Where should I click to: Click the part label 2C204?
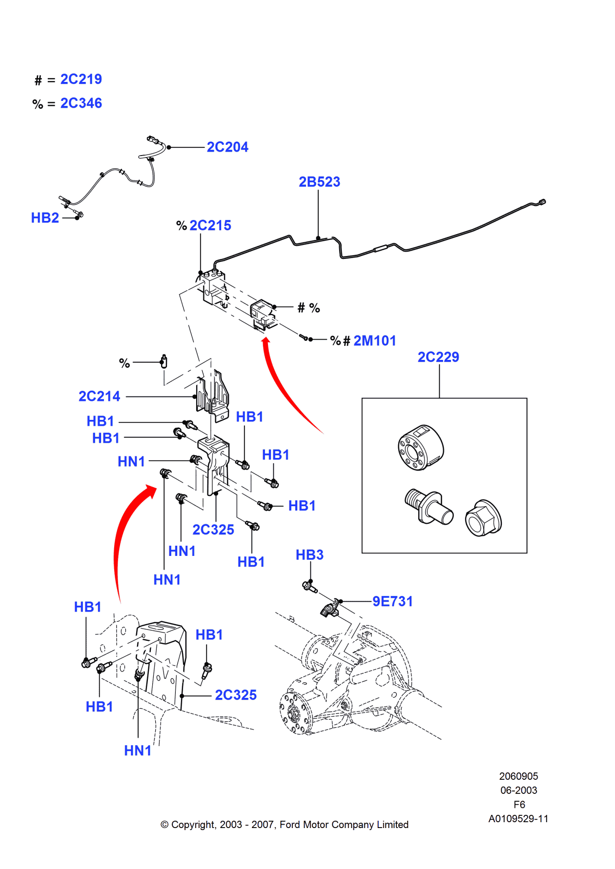(x=227, y=147)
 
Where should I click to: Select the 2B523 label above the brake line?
(x=319, y=182)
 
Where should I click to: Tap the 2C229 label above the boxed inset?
(x=438, y=357)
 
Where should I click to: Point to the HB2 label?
(x=45, y=218)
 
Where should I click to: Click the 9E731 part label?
(x=392, y=601)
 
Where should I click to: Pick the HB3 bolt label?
(x=309, y=555)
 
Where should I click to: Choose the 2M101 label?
(x=374, y=341)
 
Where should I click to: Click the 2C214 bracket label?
(x=99, y=396)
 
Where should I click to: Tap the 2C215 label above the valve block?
(x=210, y=225)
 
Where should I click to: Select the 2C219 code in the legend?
(x=81, y=79)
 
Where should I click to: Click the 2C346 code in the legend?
(x=81, y=103)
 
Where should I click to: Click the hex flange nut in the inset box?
(x=483, y=518)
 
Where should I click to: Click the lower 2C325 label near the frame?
(x=236, y=695)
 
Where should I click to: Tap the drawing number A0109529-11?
(x=518, y=819)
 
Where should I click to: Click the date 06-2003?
(x=518, y=790)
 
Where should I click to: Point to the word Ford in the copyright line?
(x=290, y=825)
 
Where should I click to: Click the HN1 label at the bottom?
(x=138, y=750)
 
